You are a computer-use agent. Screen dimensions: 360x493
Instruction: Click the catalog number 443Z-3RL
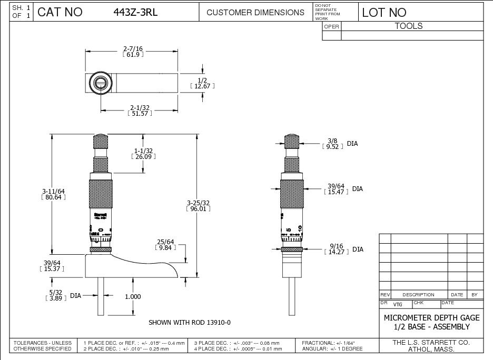point(135,13)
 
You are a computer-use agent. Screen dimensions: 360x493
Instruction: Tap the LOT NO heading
point(384,13)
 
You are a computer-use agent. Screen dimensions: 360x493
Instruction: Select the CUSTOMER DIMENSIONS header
point(255,13)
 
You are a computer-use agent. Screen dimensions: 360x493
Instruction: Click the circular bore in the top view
point(100,83)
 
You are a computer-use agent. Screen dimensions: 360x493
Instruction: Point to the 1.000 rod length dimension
point(133,297)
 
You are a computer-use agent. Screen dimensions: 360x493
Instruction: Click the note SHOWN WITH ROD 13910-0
point(190,322)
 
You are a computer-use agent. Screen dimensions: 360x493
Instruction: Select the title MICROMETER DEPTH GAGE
point(431,318)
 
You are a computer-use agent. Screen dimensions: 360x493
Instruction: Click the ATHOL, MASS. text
point(431,349)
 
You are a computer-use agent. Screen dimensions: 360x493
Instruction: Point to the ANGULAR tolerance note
point(332,349)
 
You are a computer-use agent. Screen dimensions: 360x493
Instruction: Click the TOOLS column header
point(409,26)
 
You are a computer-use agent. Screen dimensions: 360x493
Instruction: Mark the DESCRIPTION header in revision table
point(418,295)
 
